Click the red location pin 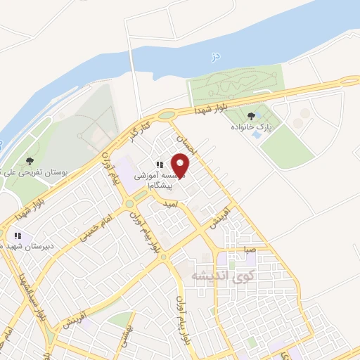pos(181,165)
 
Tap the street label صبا pos(251,249)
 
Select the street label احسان pos(188,145)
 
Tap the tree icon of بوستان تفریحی pos(29,162)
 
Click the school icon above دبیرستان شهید pos(19,236)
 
